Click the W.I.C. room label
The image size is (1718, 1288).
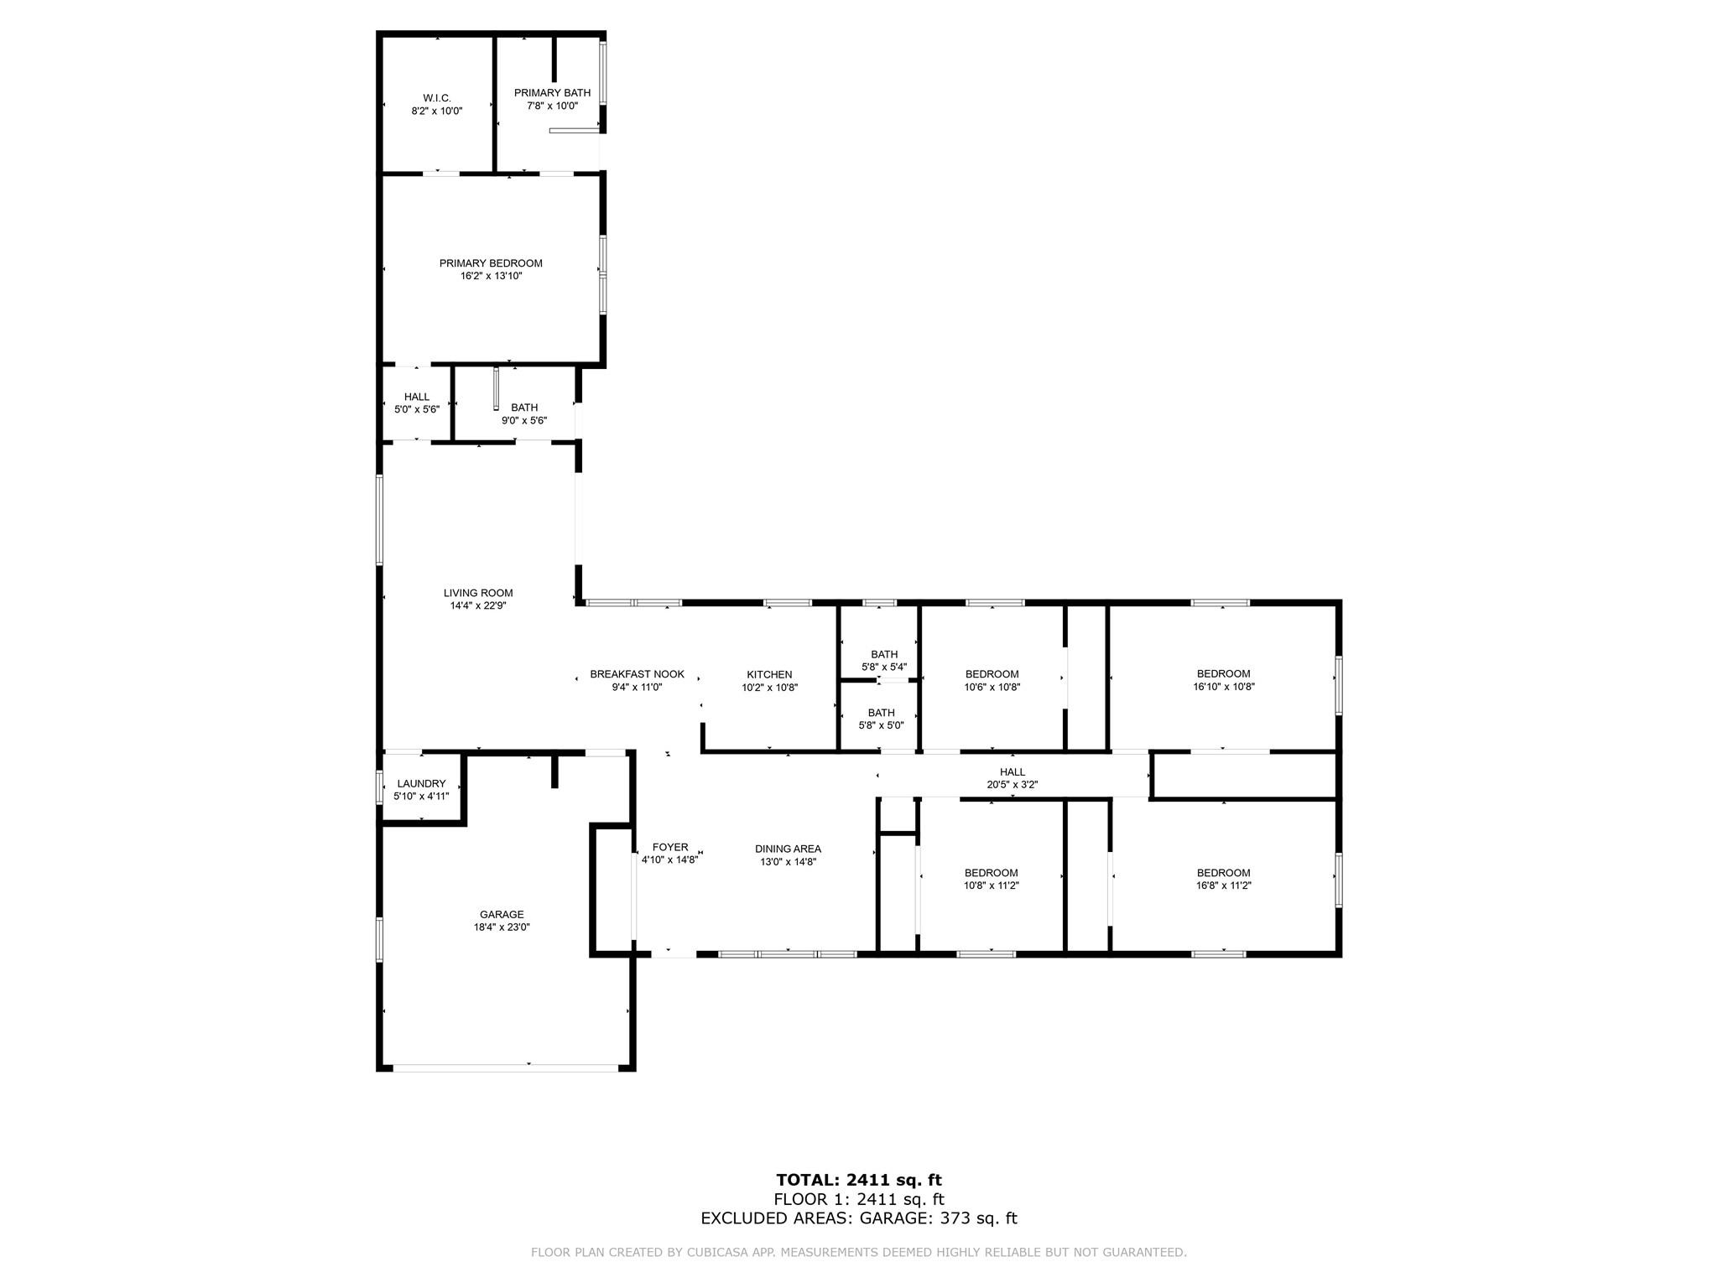pyautogui.click(x=437, y=98)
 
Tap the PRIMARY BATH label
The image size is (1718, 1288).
pyautogui.click(x=552, y=93)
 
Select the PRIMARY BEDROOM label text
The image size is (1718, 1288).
pyautogui.click(x=491, y=263)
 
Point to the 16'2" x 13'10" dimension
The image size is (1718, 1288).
pyautogui.click(x=491, y=276)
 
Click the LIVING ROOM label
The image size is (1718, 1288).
pyautogui.click(x=478, y=593)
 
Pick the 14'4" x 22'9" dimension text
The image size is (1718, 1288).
pyautogui.click(x=478, y=605)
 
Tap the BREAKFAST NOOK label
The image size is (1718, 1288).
pyautogui.click(x=637, y=674)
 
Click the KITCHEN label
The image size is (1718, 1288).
pyautogui.click(x=769, y=674)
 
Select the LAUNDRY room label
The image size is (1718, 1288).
pyautogui.click(x=421, y=783)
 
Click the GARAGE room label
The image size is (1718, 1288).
pyautogui.click(x=502, y=915)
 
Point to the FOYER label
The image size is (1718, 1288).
pyautogui.click(x=670, y=847)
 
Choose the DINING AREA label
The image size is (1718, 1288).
pyautogui.click(x=788, y=849)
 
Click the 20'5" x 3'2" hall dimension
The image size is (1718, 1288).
pyautogui.click(x=1013, y=785)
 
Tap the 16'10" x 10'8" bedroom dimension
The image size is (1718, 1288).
pyautogui.click(x=1224, y=687)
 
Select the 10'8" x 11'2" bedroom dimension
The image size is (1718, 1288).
pyautogui.click(x=991, y=885)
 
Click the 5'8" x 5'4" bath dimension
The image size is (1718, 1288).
pyautogui.click(x=884, y=667)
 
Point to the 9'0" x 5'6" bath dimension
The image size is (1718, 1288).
pyautogui.click(x=524, y=421)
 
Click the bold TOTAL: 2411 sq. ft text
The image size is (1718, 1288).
pyautogui.click(x=859, y=1180)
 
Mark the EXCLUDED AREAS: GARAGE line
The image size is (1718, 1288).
pyautogui.click(x=859, y=1218)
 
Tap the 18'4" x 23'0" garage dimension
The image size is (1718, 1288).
pyautogui.click(x=502, y=927)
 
